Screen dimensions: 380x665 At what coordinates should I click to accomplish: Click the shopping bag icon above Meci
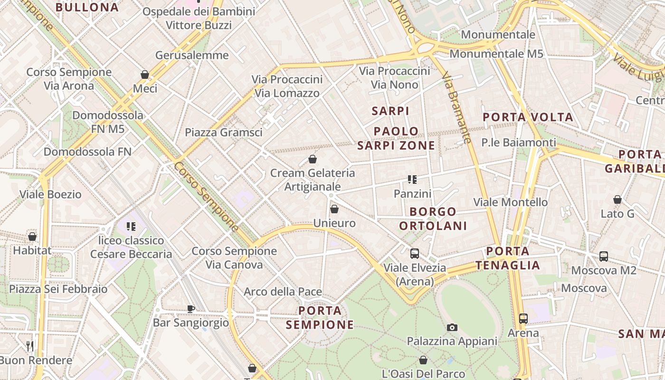tap(145, 75)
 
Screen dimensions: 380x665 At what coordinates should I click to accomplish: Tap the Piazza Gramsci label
tap(224, 133)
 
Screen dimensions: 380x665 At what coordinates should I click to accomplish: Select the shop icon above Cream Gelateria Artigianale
tap(313, 159)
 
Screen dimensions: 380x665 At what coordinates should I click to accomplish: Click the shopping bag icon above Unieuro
tap(334, 209)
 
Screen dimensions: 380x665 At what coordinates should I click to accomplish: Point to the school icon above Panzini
tap(412, 180)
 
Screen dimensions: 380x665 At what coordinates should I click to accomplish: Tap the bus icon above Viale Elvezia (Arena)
tap(415, 253)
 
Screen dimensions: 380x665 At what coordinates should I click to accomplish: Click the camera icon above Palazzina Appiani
tap(452, 327)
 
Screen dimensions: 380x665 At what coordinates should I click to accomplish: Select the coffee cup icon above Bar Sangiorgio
tap(191, 309)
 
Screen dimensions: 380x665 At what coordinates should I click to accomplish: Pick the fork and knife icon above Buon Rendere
tap(30, 346)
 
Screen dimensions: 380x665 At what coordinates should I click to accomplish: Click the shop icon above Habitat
tap(32, 236)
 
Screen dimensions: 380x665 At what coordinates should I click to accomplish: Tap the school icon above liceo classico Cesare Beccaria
tap(131, 227)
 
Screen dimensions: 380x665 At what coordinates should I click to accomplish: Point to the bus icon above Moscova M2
tap(604, 256)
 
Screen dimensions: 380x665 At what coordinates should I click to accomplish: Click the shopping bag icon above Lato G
tap(617, 199)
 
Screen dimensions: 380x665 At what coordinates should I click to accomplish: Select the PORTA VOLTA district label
tap(528, 117)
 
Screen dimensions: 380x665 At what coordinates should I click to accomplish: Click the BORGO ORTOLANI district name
tap(433, 218)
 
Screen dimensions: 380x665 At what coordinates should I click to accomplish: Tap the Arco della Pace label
tap(283, 292)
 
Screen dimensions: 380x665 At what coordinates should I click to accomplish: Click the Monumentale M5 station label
tap(496, 54)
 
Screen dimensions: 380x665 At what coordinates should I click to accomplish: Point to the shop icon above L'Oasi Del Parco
tap(423, 360)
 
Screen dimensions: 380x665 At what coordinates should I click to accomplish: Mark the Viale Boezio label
tap(50, 194)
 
